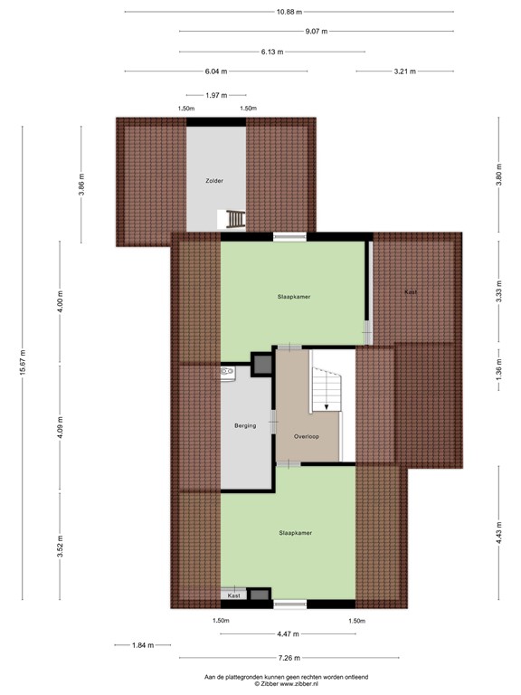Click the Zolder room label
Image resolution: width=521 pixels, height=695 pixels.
coord(213,181)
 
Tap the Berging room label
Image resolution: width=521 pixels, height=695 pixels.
coord(244,425)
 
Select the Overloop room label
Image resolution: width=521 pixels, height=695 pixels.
coord(307,436)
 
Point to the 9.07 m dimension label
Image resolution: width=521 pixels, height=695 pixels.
coord(316,32)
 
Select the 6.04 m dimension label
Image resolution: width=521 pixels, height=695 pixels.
coord(215,71)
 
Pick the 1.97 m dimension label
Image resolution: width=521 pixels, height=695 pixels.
coord(215,95)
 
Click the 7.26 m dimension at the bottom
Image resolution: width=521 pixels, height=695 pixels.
coord(290,658)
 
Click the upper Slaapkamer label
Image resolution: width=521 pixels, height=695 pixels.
coord(295,296)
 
